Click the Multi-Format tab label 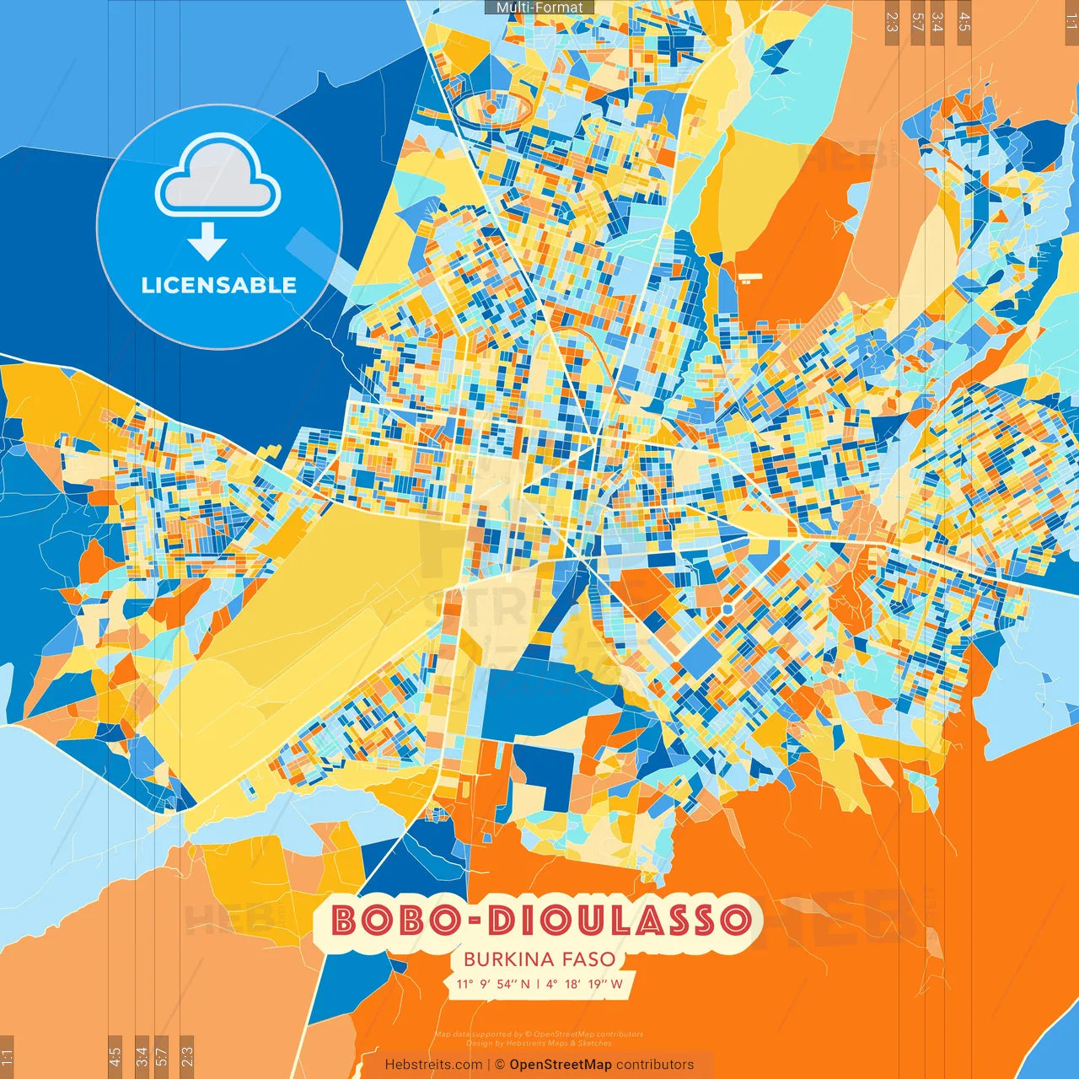coord(539,8)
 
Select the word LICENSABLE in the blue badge coord(219,285)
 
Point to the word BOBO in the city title coord(395,920)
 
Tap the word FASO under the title coord(588,959)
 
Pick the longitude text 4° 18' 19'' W coord(585,984)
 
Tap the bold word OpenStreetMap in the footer coord(561,1065)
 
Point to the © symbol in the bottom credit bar coord(499,1065)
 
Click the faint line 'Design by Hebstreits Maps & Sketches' coord(539,1043)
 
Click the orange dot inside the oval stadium coord(491,109)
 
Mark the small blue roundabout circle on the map coord(727,608)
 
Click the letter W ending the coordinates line coord(617,984)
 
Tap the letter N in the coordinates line coord(525,984)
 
